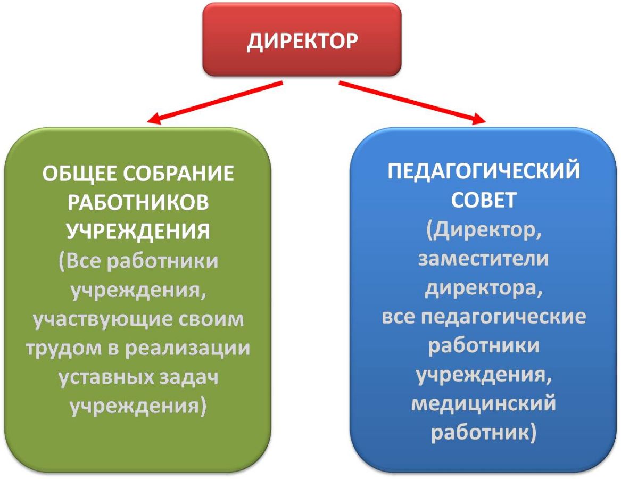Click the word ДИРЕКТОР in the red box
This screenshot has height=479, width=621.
click(x=302, y=42)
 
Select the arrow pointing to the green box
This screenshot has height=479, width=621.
click(x=214, y=102)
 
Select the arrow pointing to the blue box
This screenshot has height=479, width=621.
click(x=412, y=102)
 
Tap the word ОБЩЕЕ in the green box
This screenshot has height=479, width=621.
click(x=80, y=174)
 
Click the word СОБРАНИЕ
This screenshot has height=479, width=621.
click(x=179, y=174)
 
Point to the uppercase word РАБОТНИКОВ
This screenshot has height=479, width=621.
click(x=138, y=202)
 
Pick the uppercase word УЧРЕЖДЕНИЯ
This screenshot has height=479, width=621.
click(x=138, y=232)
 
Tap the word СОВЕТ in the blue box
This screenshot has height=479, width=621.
click(x=484, y=200)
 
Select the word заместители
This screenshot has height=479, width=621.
click(x=484, y=259)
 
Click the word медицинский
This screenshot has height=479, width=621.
click(x=484, y=404)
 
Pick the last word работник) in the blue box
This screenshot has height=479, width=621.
click(x=484, y=433)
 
